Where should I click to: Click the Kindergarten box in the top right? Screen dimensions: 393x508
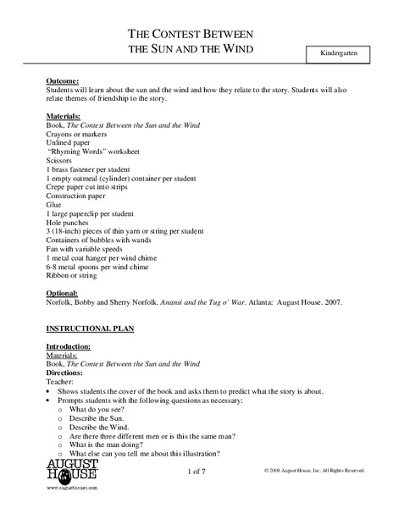tap(338, 52)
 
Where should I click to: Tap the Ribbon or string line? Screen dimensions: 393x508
tap(73, 274)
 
